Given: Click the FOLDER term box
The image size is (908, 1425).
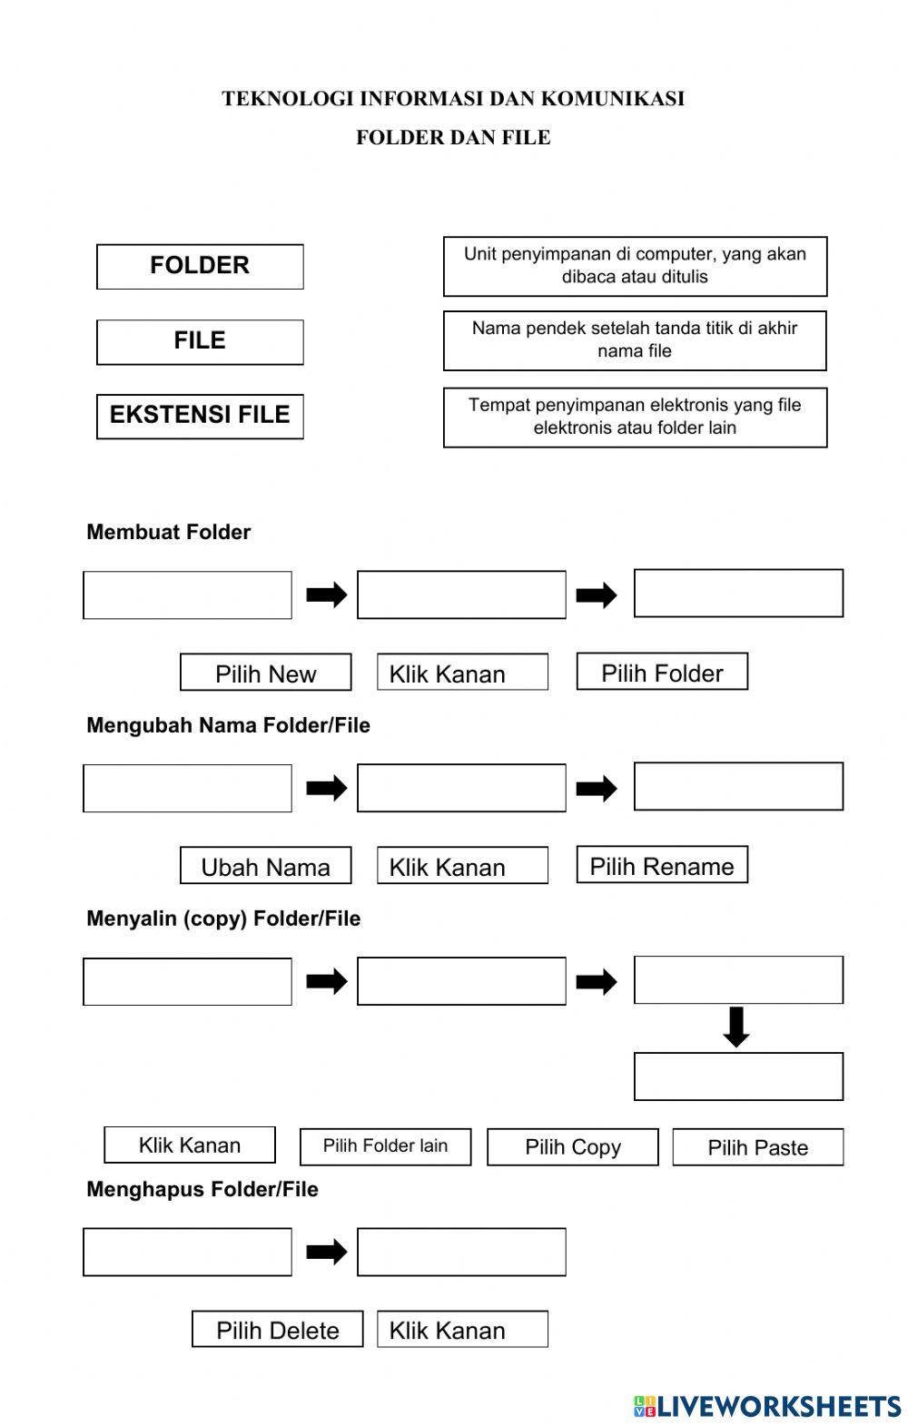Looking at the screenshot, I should click(200, 266).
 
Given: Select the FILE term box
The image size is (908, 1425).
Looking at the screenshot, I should click(200, 341).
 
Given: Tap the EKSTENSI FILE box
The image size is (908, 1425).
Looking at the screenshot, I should click(200, 416).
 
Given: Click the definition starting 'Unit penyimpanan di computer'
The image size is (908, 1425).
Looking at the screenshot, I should click(635, 266).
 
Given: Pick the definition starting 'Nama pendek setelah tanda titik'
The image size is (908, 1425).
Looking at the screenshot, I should click(635, 340).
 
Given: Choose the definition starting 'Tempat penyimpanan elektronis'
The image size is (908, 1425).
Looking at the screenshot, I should click(635, 417).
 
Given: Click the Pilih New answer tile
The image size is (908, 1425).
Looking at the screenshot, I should click(265, 673).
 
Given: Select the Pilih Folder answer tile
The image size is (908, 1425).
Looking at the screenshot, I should click(662, 672).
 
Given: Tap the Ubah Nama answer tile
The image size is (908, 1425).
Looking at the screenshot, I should click(265, 866).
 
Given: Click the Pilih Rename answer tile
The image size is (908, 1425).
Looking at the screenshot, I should click(662, 865).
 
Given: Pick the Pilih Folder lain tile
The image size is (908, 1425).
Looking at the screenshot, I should click(385, 1146).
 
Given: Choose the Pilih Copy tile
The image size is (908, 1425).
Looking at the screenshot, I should click(572, 1147).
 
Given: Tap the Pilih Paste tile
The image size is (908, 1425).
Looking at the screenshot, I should click(757, 1147).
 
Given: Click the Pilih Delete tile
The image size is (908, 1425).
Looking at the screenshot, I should click(277, 1330).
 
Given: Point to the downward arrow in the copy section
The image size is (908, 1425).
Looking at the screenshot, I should click(736, 1027).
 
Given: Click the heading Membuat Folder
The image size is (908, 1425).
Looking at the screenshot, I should click(168, 532).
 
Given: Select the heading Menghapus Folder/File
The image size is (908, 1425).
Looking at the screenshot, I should click(202, 1189).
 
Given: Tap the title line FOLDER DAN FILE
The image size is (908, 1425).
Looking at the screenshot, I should click(453, 137).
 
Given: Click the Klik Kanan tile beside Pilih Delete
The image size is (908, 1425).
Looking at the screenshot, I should click(462, 1330).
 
